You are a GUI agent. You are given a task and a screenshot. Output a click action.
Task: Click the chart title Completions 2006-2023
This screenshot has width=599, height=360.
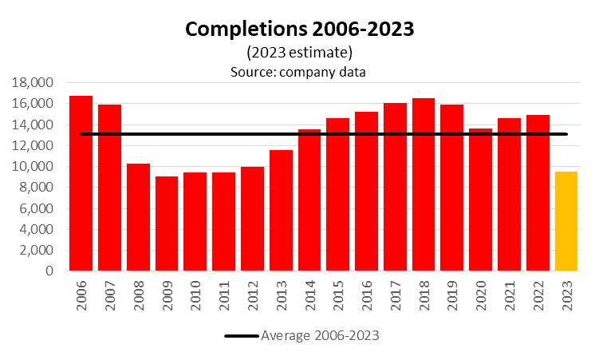pyautogui.click(x=301, y=30)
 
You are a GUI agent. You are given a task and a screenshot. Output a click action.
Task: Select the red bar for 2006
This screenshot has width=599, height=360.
pyautogui.click(x=81, y=184)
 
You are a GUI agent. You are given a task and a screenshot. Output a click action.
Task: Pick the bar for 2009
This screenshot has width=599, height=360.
pyautogui.click(x=167, y=224)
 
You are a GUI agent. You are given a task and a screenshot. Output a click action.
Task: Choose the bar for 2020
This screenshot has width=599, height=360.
pyautogui.click(x=480, y=200)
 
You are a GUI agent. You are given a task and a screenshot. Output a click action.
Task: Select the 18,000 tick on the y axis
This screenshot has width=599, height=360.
pyautogui.click(x=32, y=83)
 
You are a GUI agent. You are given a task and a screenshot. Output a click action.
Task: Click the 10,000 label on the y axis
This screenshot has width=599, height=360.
pyautogui.click(x=32, y=167)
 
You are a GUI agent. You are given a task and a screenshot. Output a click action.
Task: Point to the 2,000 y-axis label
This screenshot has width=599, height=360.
pyautogui.click(x=35, y=251)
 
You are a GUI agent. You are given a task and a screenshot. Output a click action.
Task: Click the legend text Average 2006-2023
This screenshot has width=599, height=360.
pyautogui.click(x=320, y=335)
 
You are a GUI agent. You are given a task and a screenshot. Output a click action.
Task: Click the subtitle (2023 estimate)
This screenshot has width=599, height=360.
pyautogui.click(x=300, y=53)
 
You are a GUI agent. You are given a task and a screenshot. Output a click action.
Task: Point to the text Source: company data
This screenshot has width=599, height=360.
pyautogui.click(x=300, y=71)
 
